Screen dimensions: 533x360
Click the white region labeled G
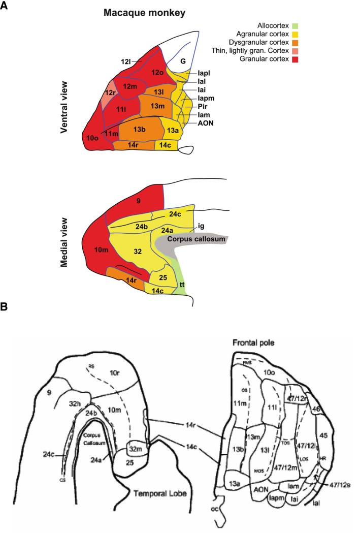[x=183, y=61]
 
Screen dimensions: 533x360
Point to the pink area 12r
[x=110, y=94]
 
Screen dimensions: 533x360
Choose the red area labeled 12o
[x=158, y=73]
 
